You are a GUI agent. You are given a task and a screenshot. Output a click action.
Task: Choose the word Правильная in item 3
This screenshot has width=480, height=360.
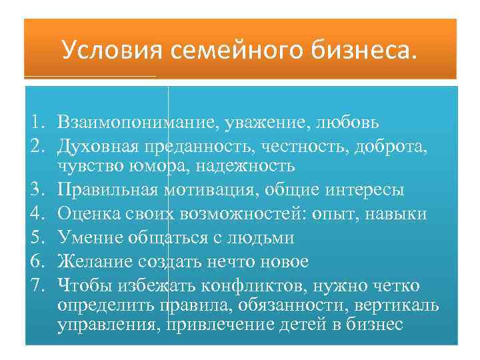pos(107,189)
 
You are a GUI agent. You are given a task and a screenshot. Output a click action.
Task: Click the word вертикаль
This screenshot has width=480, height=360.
pos(396,305)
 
